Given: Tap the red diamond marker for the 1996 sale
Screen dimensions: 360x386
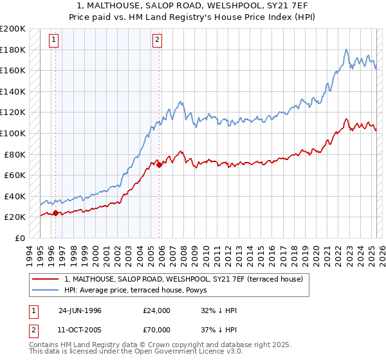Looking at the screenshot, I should click(x=55, y=213).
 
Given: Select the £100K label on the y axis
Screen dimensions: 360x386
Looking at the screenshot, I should click(x=12, y=133).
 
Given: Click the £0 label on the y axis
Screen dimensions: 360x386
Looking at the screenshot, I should click(x=19, y=238).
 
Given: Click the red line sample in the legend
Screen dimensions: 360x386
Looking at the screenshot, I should click(x=45, y=278).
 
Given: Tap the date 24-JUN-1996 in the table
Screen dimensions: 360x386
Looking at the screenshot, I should click(x=80, y=310).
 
